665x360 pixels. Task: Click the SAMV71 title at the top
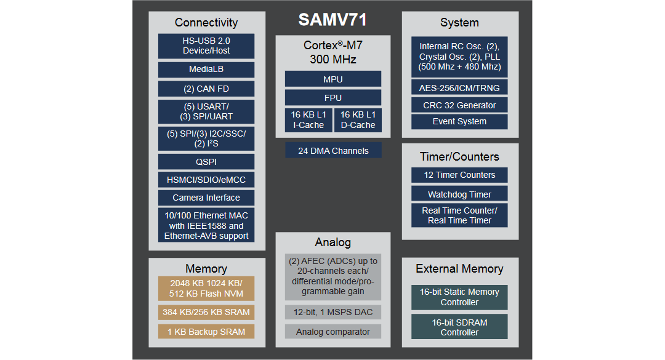point(332,20)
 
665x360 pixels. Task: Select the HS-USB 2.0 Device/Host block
point(206,46)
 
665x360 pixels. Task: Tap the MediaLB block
point(206,70)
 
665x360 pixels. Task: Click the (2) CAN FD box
point(206,89)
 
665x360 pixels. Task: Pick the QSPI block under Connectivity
point(206,162)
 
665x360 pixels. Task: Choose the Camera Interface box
point(206,198)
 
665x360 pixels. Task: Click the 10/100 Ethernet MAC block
point(206,225)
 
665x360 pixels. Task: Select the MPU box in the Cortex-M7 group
point(332,79)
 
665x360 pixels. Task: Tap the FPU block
point(332,98)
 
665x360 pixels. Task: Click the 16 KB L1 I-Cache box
point(308,120)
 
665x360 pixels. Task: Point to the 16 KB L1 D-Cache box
point(358,120)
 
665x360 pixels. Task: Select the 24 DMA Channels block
point(332,151)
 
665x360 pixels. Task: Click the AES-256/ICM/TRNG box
point(459,88)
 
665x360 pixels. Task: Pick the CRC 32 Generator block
point(459,105)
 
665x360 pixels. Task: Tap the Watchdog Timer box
point(459,194)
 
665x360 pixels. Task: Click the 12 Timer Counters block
point(459,175)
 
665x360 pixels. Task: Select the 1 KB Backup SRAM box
point(206,332)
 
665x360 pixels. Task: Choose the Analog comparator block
point(332,332)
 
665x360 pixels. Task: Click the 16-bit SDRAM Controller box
point(459,327)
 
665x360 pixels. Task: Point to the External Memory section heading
point(459,269)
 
